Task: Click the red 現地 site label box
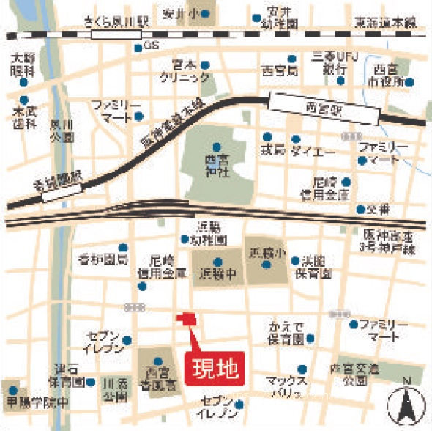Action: click(216, 369)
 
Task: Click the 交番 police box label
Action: click(379, 209)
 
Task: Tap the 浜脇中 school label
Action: click(217, 276)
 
